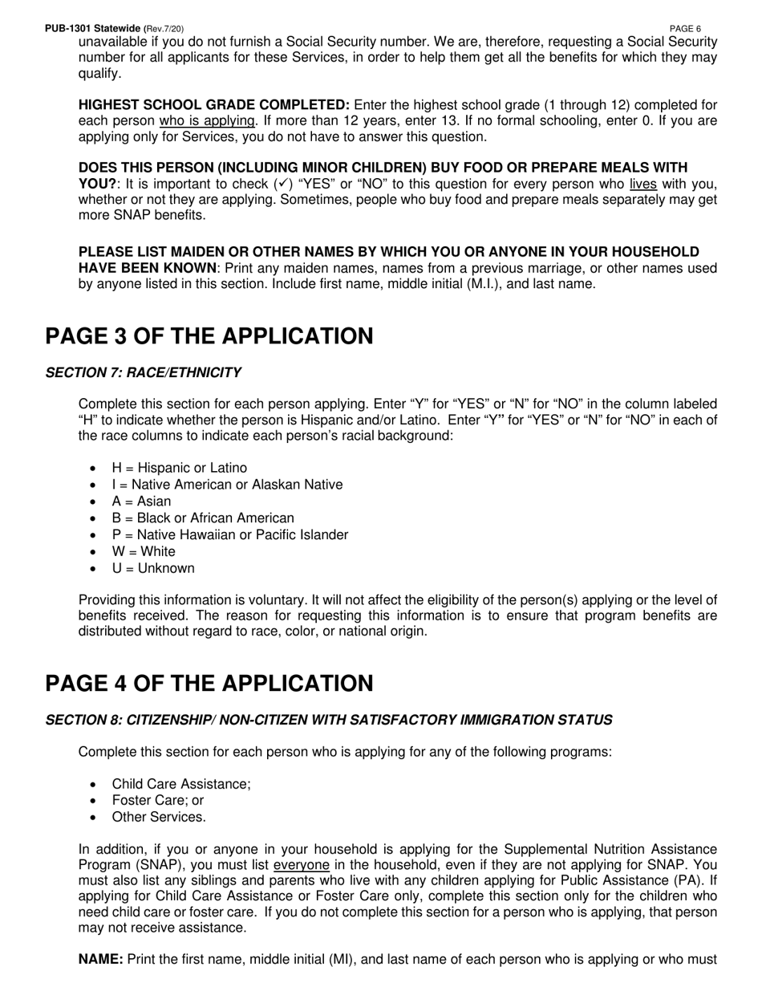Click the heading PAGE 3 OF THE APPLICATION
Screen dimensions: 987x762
[209, 336]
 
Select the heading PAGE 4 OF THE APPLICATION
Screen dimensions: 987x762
[209, 684]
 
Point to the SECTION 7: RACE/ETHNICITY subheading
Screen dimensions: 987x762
[143, 372]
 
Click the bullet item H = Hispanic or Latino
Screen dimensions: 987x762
[179, 468]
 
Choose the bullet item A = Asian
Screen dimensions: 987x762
[141, 502]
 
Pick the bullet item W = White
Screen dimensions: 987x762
[144, 551]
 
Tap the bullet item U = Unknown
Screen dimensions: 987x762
[153, 568]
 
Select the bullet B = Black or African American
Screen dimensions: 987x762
[203, 518]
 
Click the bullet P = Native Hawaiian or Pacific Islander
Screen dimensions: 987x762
[230, 534]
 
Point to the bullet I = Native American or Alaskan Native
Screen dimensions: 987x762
[227, 485]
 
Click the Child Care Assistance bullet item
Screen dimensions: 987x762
[181, 784]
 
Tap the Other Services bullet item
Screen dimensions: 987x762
[159, 817]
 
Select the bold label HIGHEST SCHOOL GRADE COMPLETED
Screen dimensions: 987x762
[213, 105]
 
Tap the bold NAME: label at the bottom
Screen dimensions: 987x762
[100, 960]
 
